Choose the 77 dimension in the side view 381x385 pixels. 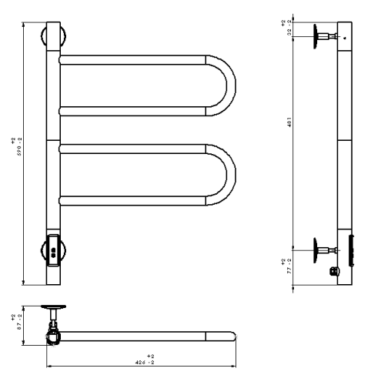click(286, 266)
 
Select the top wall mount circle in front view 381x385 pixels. click(54, 37)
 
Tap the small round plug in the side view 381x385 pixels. click(334, 270)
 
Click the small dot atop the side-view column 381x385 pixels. click(344, 36)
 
